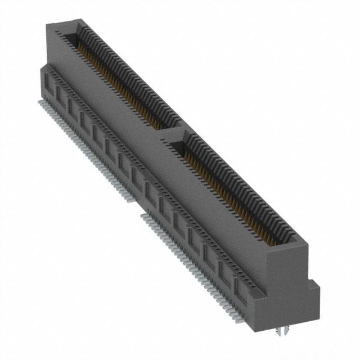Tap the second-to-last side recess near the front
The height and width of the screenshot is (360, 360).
[x=225, y=272]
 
